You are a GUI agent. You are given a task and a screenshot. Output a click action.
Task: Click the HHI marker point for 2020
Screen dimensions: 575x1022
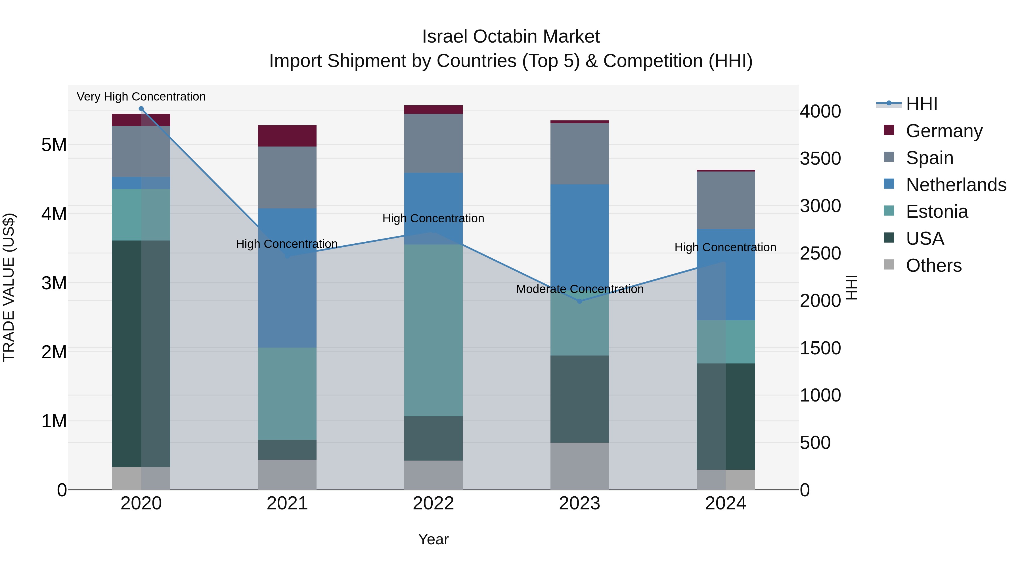141,109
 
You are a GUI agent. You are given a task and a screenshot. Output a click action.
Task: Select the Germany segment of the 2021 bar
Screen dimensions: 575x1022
287,136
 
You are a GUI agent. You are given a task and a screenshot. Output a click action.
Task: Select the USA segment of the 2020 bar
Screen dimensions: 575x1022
141,353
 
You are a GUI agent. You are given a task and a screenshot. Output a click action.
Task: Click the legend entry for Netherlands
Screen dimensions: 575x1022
956,185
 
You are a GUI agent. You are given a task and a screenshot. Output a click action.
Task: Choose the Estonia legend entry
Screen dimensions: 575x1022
937,212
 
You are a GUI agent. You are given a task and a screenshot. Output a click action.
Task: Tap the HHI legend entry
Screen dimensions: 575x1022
922,104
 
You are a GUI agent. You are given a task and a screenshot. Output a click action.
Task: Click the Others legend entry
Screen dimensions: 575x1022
933,265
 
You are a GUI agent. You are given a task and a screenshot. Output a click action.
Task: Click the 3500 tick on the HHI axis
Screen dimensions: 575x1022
820,159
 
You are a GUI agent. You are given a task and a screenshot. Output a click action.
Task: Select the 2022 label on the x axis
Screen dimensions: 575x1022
433,503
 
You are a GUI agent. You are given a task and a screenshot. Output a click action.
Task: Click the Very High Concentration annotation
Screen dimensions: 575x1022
141,97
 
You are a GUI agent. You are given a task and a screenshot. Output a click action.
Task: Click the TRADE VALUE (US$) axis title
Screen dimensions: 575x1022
9,287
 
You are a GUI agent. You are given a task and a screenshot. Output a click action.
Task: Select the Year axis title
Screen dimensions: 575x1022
433,539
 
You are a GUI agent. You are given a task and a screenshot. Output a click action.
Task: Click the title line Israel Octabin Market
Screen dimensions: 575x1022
511,37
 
